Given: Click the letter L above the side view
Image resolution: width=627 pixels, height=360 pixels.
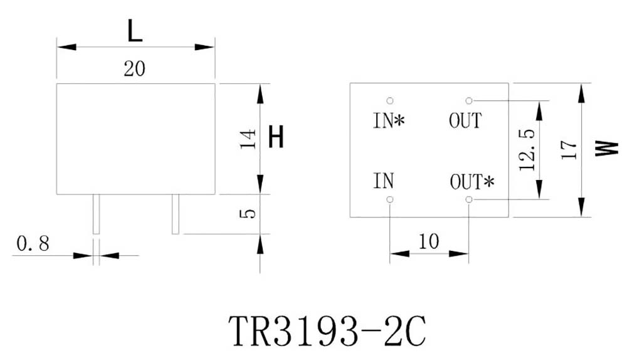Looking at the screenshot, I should click(135, 31).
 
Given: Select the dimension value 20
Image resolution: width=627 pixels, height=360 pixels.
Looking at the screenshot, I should click(135, 69).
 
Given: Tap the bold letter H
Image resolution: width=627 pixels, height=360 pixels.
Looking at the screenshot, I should click(276, 137).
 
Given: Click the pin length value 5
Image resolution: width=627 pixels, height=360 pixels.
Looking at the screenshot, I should click(248, 213).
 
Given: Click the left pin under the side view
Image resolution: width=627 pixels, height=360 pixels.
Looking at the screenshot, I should click(96, 214).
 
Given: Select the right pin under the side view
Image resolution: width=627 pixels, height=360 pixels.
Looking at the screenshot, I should click(176, 214).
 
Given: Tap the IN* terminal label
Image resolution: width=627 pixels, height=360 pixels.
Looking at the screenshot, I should click(389, 120).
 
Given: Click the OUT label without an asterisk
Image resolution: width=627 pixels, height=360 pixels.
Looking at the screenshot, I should click(465, 120).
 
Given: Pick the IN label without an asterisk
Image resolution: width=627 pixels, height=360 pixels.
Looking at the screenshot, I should click(384, 182).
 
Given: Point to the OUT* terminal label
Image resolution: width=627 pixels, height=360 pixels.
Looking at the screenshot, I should click(472, 182).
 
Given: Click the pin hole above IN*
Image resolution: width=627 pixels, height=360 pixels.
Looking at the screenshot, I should click(390, 100).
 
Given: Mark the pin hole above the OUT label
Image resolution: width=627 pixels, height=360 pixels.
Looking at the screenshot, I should click(468, 100).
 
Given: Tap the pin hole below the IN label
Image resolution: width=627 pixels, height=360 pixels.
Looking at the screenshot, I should click(390, 199).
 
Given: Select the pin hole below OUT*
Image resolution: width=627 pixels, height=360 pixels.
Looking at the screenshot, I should click(468, 199).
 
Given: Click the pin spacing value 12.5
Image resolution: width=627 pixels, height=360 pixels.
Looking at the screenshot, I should click(527, 150).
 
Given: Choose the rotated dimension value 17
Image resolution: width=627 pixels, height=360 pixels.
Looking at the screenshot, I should click(568, 149).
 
